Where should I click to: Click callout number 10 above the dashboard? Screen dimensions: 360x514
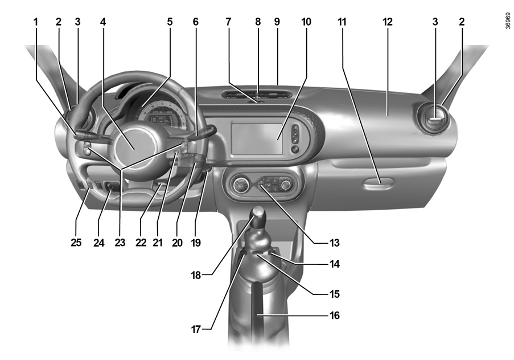coord(307,22)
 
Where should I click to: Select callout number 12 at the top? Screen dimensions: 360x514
coord(388,22)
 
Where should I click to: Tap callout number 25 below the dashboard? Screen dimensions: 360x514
coord(76,243)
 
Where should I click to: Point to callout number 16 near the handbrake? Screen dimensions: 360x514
coord(334,314)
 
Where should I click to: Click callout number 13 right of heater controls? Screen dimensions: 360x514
coord(334,242)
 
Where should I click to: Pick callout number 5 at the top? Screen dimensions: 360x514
coord(170,22)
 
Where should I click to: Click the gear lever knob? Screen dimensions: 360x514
coord(259,216)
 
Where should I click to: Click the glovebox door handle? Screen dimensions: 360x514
coord(379,183)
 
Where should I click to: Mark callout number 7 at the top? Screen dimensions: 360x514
coord(228,22)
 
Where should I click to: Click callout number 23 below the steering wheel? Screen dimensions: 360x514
coord(120,243)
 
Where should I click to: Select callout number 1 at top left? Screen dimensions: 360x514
coord(35,22)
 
